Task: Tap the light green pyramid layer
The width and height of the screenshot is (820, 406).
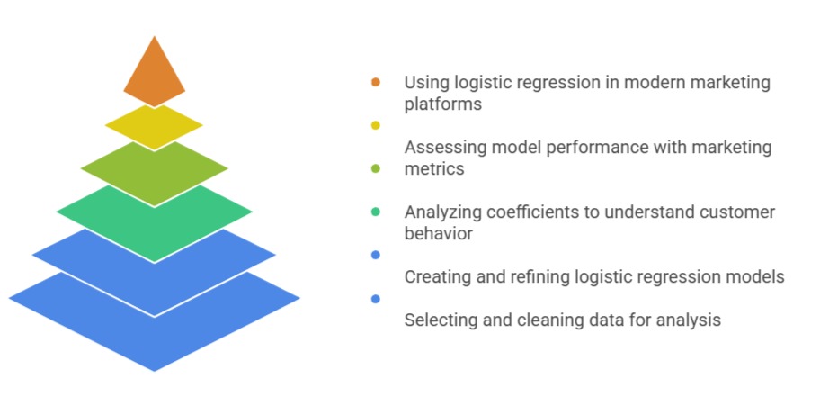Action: tap(154, 168)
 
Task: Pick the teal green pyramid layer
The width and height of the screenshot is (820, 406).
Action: tap(154, 216)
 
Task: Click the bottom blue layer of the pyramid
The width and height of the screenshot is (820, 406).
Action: tap(154, 333)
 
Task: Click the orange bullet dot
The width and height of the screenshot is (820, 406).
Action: tap(375, 82)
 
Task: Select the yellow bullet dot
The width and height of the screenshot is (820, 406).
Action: tap(375, 125)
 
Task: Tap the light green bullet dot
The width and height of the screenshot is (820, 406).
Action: tap(375, 168)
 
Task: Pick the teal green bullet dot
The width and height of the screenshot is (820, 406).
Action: tap(375, 212)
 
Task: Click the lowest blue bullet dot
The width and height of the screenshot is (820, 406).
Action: tap(375, 298)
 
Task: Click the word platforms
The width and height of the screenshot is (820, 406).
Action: tap(442, 104)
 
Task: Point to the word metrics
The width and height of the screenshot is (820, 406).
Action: tap(434, 169)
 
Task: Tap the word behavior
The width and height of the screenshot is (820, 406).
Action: tap(438, 234)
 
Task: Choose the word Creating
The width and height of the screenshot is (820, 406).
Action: tap(437, 277)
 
